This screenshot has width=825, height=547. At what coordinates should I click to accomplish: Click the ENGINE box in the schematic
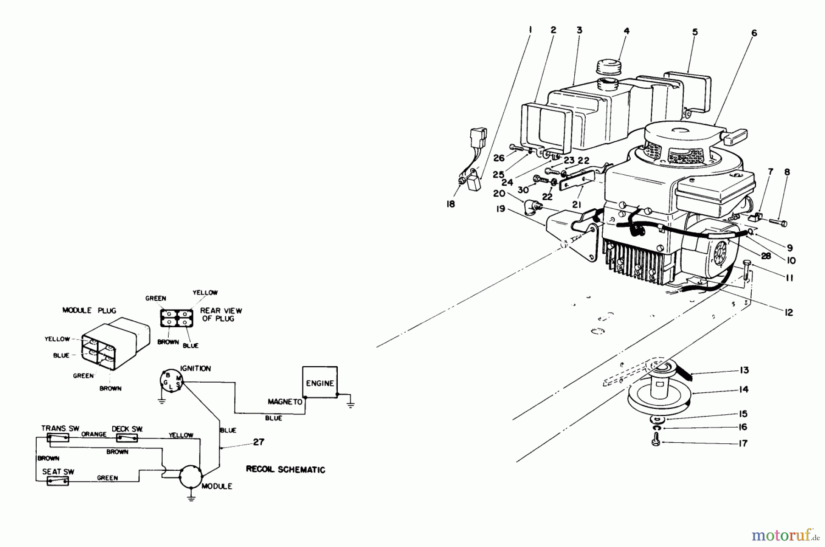coord(320,382)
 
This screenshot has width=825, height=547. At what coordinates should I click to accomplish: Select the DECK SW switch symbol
coord(127,438)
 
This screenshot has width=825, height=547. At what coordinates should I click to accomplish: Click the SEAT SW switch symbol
coord(58,481)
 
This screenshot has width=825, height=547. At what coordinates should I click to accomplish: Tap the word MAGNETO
coord(285,402)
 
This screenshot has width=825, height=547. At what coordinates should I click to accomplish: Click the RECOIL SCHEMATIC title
coord(286,469)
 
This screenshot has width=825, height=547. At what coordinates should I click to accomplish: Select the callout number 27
coord(259,442)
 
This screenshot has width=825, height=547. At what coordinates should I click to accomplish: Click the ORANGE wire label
coord(94,434)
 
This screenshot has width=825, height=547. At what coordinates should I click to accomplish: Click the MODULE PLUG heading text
coord(89,310)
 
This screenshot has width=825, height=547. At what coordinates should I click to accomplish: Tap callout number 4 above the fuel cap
coord(627,31)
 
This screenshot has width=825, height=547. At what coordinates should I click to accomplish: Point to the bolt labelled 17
coord(655,442)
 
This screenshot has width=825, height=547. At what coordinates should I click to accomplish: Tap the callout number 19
coord(500,209)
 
